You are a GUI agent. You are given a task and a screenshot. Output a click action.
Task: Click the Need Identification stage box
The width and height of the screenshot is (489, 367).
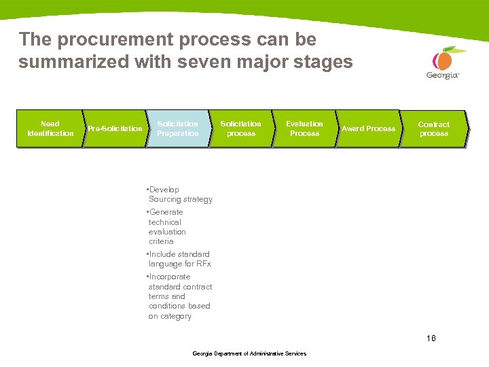pos(50,128)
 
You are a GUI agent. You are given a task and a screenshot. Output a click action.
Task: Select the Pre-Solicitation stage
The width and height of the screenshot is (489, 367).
pos(115,128)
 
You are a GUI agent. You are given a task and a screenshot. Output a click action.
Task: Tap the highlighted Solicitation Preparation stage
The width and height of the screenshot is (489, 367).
pos(178,128)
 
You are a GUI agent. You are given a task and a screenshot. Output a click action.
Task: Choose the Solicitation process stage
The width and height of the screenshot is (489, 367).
pos(240,128)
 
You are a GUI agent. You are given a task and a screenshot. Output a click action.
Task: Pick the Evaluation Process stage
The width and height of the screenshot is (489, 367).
pos(304,128)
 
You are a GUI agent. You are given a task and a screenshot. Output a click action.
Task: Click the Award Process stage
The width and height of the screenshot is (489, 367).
pos(368,128)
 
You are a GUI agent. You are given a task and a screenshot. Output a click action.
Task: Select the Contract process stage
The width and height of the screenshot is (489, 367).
pos(433,129)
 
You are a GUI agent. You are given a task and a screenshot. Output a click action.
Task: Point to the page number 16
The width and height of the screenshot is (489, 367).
pos(431,338)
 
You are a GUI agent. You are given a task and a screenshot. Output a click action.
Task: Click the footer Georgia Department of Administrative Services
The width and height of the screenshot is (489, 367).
pos(249,353)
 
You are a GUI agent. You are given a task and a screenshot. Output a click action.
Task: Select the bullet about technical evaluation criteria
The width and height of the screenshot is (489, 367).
pos(166,226)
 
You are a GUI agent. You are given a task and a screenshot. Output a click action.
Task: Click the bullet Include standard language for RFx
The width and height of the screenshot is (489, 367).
pos(179,259)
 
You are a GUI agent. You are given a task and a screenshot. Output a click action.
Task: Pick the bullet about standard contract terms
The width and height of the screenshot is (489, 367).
pos(179,296)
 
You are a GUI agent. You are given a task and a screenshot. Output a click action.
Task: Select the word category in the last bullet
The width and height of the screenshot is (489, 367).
pos(176,316)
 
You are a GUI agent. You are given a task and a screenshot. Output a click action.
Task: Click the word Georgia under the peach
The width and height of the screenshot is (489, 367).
pos(443,75)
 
